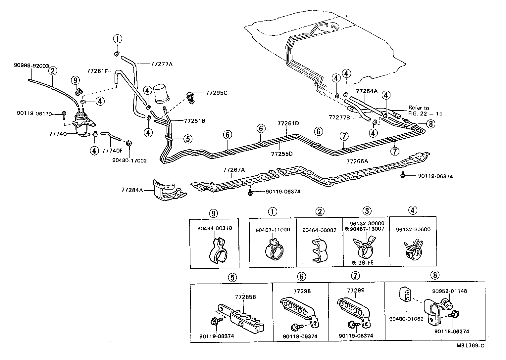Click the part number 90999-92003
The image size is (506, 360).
coord(31,66)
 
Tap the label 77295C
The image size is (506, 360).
coord(217,93)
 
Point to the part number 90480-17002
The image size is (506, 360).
coord(129,160)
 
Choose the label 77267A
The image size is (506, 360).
coord(234,170)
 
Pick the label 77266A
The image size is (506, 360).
coord(357,161)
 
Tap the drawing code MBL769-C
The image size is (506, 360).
coord(470,346)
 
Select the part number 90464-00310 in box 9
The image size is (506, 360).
coord(214,228)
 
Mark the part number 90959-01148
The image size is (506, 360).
coord(449,291)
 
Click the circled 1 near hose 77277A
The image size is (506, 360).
coord(117,39)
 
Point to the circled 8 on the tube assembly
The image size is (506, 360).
coord(430,124)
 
